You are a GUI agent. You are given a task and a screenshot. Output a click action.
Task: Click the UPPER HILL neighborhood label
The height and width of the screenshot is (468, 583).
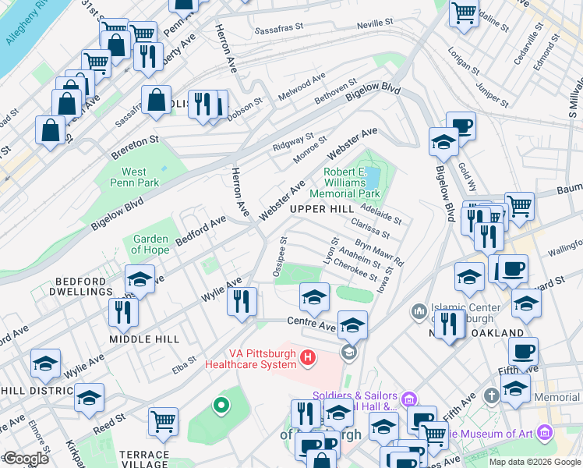click(321, 211)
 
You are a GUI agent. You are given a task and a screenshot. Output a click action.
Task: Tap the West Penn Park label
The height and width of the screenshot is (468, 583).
click(134, 177)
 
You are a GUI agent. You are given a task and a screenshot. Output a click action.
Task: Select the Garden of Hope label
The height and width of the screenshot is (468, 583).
click(151, 244)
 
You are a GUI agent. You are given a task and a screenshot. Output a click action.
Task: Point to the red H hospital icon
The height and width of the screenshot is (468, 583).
click(309, 357)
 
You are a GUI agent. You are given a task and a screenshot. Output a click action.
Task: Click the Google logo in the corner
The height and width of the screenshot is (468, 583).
click(25, 459)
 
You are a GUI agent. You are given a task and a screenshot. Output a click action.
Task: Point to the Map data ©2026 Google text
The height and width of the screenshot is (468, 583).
click(535, 462)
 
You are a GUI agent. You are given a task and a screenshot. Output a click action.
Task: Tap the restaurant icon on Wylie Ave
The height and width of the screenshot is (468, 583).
click(242, 300)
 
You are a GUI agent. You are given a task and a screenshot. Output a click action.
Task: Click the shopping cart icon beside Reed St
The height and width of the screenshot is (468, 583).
click(164, 421)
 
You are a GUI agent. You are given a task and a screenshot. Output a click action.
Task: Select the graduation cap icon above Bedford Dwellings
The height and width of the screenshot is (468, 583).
click(140, 278)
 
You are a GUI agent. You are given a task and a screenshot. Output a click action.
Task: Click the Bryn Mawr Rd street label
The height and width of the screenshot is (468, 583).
click(380, 253)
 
